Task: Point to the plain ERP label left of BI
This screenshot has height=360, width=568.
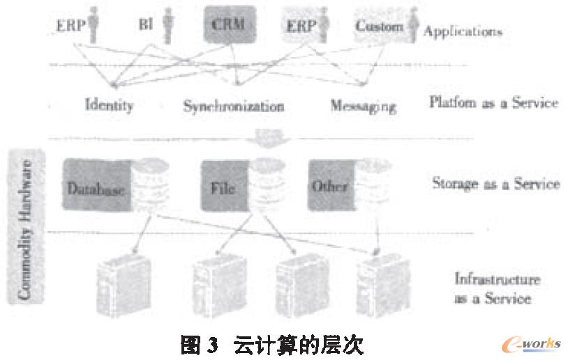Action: pos(70,26)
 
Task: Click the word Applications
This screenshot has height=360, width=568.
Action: pos(463,31)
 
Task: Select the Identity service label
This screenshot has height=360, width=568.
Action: pos(109,106)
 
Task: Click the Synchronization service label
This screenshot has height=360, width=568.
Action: pos(233,107)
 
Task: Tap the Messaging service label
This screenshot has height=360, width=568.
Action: pos(363,107)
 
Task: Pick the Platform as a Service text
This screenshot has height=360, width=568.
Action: pos(493,103)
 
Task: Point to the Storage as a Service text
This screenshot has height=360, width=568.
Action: pos(495,185)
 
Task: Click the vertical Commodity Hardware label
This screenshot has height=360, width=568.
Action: pos(26,230)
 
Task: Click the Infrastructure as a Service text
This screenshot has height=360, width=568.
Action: pos(497,289)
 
